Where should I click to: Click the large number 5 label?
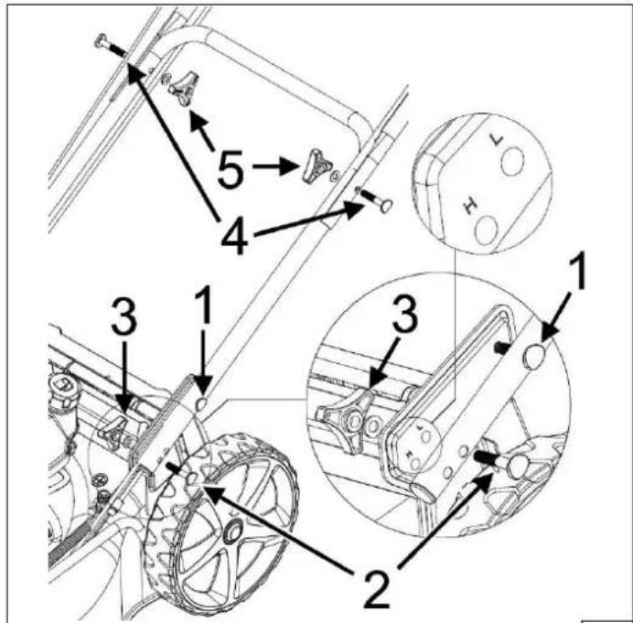(x=231, y=169)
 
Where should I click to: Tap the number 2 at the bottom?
(x=378, y=588)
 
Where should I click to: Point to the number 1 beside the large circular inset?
(x=576, y=271)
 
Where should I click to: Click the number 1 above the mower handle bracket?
(x=203, y=305)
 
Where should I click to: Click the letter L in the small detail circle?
(x=496, y=140)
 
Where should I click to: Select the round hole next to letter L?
(x=512, y=161)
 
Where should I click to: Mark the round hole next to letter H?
(x=487, y=230)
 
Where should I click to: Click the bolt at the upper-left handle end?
(x=109, y=46)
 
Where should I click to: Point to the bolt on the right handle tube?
(x=375, y=199)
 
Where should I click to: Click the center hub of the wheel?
(x=233, y=531)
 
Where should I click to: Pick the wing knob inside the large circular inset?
(x=349, y=419)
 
